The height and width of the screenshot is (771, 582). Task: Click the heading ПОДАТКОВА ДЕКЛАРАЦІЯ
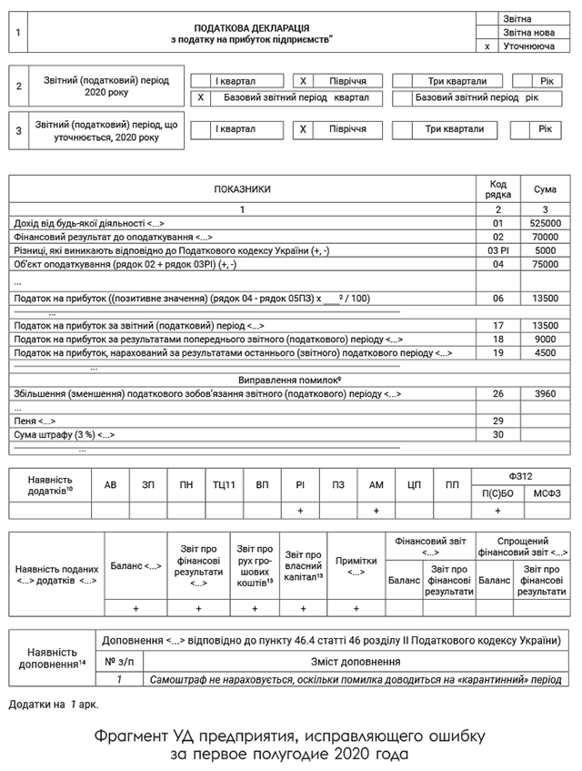click(x=252, y=28)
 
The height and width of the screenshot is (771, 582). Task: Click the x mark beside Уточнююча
click(x=488, y=46)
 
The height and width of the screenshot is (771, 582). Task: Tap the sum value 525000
click(x=545, y=223)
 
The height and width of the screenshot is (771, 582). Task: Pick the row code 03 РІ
click(x=497, y=250)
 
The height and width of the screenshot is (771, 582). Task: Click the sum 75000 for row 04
click(x=545, y=264)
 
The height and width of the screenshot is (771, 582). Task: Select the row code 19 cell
click(x=497, y=352)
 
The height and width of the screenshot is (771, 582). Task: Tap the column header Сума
click(x=545, y=189)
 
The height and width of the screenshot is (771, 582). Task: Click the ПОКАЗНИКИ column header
click(x=242, y=189)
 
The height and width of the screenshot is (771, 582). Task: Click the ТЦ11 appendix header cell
click(x=225, y=485)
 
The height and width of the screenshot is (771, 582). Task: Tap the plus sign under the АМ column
click(x=376, y=512)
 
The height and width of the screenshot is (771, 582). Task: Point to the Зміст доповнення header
click(x=356, y=662)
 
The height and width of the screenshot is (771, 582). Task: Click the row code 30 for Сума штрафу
click(x=497, y=435)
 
